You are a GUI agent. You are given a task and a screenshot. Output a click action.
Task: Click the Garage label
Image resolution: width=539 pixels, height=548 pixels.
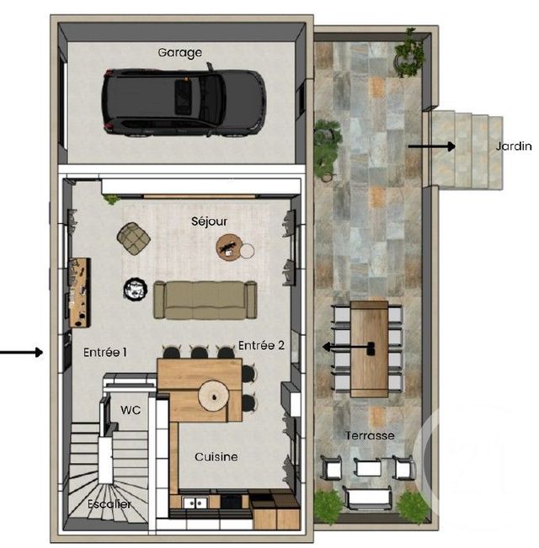point(180,52)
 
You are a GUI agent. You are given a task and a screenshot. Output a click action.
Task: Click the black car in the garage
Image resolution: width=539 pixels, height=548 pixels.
point(184,102)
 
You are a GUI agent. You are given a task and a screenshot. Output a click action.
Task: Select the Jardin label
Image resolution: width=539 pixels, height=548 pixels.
point(514,146)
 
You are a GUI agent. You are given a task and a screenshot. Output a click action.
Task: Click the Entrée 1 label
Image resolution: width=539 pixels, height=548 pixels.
point(105,354)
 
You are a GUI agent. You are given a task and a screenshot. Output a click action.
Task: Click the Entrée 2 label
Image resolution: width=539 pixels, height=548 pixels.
point(259,345)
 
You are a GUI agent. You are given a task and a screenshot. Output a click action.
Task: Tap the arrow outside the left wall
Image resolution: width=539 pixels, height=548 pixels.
point(22,353)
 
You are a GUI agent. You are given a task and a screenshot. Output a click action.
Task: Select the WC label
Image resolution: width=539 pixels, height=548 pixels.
point(131,410)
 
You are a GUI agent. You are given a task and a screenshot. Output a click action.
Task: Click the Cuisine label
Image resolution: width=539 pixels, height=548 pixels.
point(216,457)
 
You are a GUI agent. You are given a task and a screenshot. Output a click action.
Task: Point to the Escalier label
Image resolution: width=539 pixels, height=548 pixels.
point(110,504)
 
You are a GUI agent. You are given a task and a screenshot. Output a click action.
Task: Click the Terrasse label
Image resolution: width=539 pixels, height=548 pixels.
point(370,435)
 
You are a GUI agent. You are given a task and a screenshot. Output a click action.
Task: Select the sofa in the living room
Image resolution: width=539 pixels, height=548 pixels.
point(205,300)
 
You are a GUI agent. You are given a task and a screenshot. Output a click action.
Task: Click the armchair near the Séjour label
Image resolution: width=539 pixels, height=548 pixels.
point(133,238)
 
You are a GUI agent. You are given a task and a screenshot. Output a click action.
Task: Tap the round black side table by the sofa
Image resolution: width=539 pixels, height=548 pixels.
point(135,290)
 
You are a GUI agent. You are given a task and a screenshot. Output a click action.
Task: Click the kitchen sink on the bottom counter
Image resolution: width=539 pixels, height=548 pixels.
point(195,503)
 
